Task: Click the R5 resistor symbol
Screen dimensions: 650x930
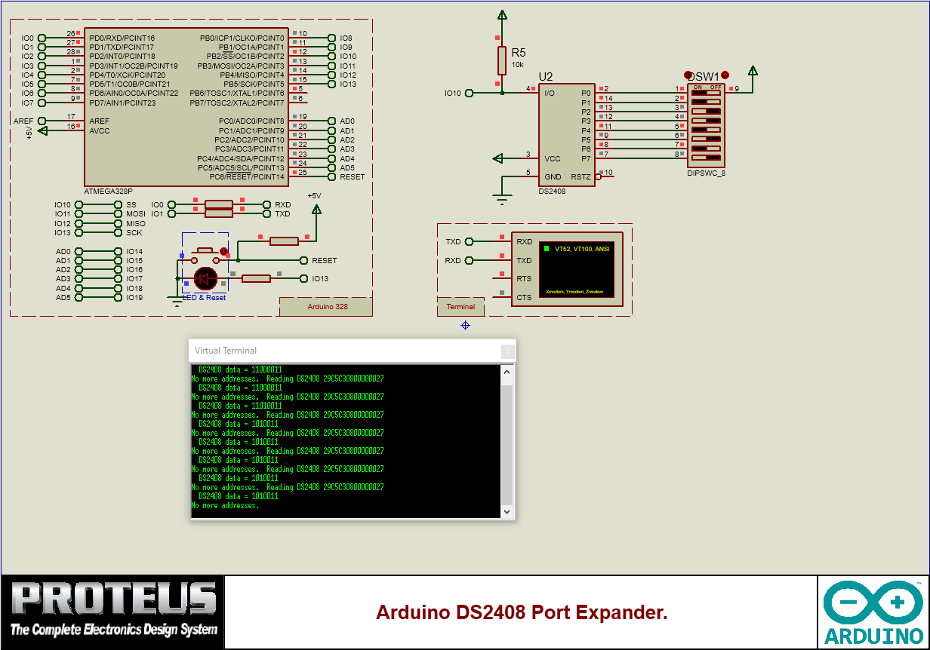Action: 501,60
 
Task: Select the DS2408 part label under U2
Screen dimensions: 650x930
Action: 551,192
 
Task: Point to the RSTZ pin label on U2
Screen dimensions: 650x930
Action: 580,177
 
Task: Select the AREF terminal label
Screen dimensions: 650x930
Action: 23,121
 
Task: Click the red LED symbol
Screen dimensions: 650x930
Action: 205,278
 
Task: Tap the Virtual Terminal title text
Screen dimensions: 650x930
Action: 225,351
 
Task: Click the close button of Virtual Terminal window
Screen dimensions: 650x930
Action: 509,351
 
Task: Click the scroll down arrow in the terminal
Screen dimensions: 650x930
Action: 507,511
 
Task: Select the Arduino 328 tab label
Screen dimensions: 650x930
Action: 327,307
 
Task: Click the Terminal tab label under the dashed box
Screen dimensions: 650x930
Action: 460,307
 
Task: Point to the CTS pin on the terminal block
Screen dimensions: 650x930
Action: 524,297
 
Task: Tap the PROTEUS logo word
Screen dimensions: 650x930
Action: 113,599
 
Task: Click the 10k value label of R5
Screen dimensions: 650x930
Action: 517,65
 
